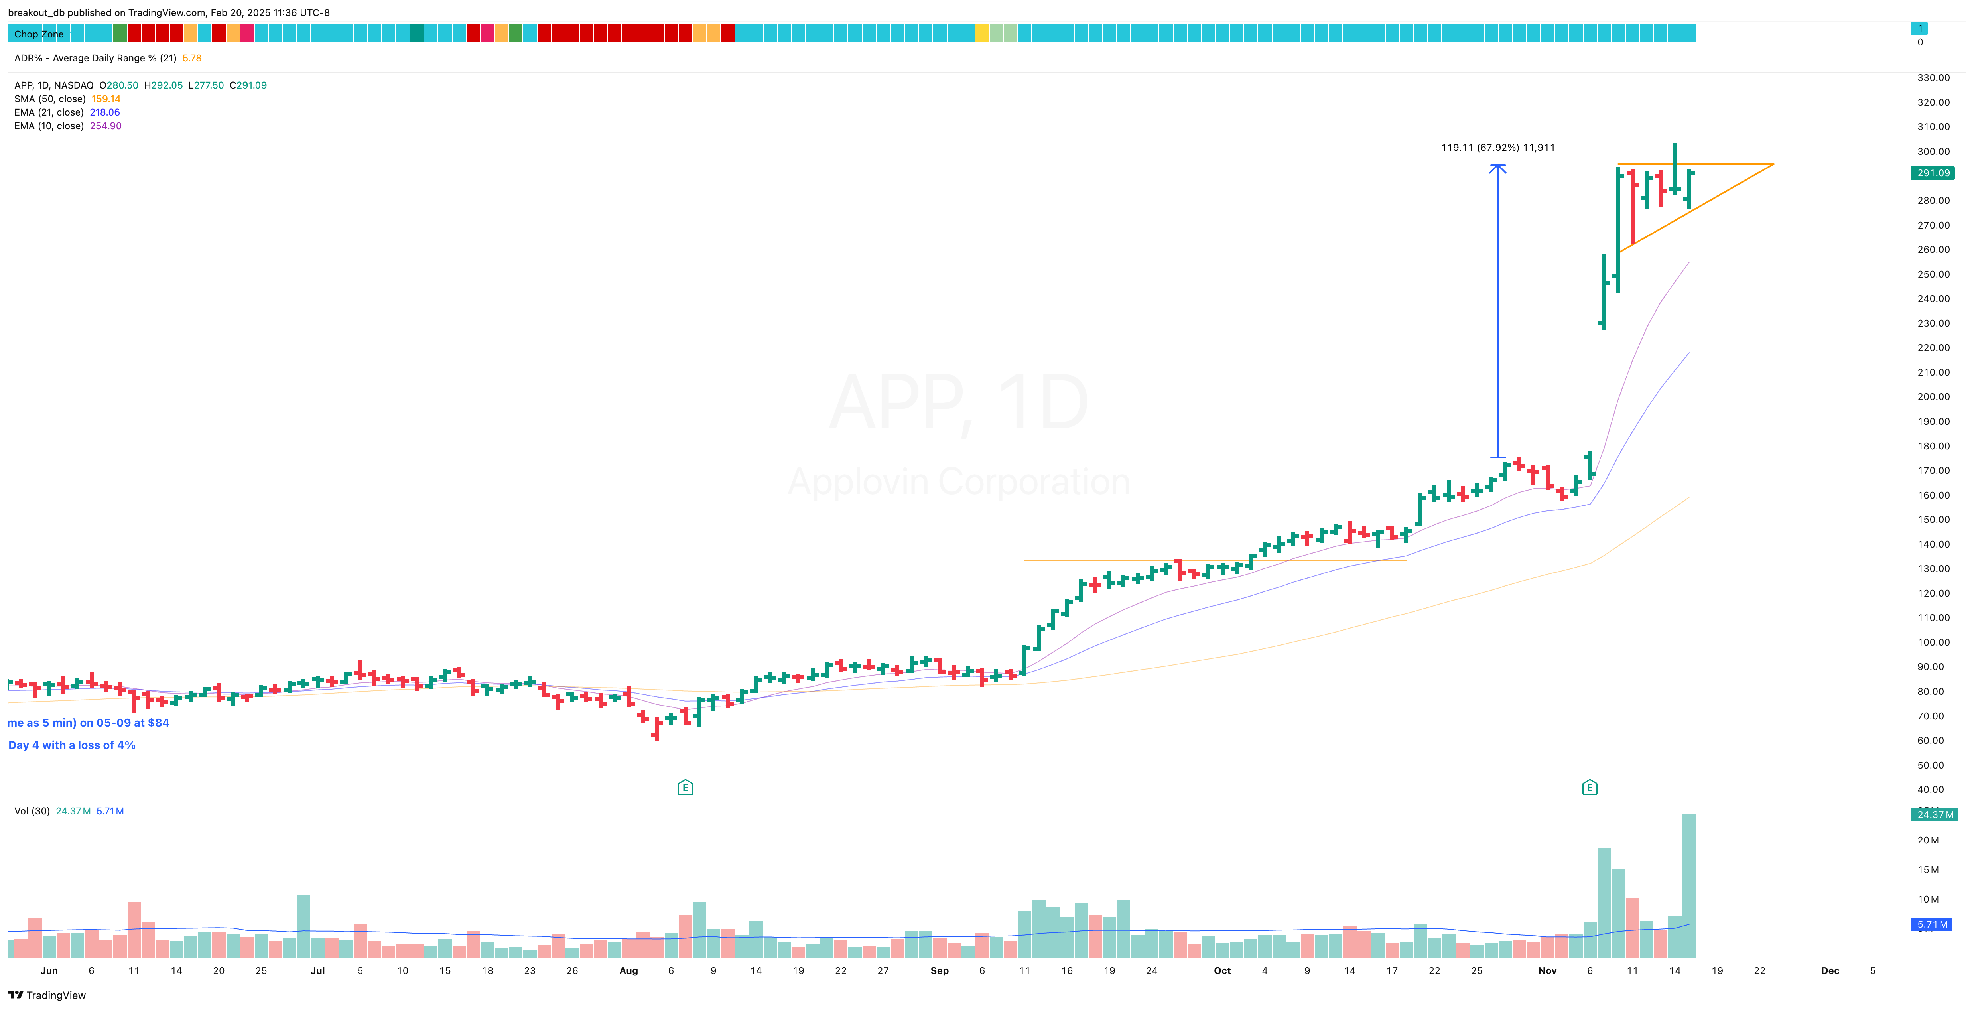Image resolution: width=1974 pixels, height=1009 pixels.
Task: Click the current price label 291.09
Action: click(x=1933, y=173)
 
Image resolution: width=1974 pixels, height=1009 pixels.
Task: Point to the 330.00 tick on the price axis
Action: click(x=1933, y=77)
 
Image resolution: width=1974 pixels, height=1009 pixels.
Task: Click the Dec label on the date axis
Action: click(x=1830, y=971)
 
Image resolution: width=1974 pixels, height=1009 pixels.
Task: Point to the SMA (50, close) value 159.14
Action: click(x=106, y=99)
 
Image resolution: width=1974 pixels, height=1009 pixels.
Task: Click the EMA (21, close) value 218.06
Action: click(x=105, y=112)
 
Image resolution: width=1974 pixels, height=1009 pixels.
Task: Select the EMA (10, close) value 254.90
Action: click(x=106, y=126)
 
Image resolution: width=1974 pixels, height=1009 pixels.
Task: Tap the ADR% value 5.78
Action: click(x=191, y=58)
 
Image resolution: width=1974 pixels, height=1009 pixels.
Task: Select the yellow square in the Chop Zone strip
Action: click(x=982, y=33)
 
